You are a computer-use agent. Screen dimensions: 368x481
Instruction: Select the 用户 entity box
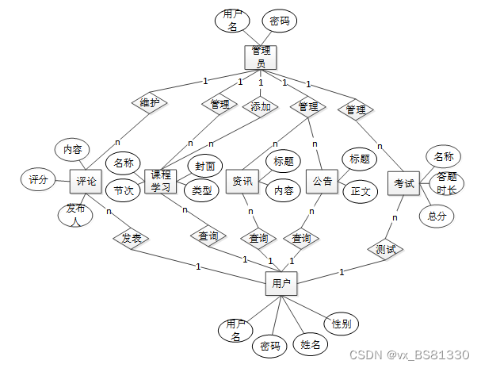coord(281,282)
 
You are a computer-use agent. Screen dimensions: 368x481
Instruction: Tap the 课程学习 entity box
coord(161,182)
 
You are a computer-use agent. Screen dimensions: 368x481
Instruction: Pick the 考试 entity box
coord(403,183)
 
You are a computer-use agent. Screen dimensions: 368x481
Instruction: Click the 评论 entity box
coord(86,182)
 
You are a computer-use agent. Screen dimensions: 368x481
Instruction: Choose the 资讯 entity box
coord(242,182)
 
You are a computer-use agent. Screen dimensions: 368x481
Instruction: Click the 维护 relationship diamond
coord(149,104)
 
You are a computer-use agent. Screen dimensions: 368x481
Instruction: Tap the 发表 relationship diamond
coord(131,237)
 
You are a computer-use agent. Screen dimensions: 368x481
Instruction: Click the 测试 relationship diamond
coord(386,248)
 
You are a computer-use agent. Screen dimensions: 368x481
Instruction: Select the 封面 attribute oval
coord(204,166)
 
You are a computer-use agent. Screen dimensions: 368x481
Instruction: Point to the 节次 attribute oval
coord(124,190)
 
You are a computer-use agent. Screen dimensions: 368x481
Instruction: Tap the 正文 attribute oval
coord(360,191)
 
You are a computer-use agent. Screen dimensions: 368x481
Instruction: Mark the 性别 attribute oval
coord(342,324)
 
